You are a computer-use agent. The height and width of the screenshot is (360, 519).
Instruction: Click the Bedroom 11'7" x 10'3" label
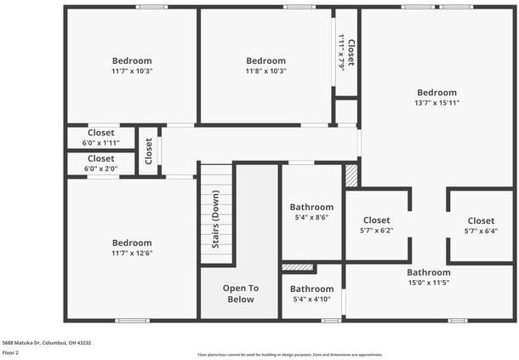(x=132, y=66)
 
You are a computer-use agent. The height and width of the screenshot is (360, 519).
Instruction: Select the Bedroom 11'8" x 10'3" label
(x=265, y=66)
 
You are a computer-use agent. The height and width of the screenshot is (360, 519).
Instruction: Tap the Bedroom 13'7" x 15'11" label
(x=436, y=97)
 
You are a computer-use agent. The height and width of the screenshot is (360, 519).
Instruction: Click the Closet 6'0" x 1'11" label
(x=100, y=137)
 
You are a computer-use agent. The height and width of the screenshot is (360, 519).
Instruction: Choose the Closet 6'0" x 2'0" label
(x=100, y=163)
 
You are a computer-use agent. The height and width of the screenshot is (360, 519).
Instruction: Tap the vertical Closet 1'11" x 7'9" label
(x=346, y=52)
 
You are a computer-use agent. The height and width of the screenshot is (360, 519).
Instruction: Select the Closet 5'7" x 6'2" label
(x=377, y=225)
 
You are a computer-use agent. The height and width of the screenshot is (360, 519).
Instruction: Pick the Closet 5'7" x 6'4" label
(x=480, y=225)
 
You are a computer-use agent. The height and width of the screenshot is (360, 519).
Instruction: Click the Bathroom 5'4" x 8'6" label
(x=311, y=211)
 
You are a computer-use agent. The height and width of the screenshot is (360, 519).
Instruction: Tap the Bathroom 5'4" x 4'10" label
(x=311, y=294)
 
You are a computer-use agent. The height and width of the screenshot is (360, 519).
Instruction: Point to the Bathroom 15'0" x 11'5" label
(x=428, y=277)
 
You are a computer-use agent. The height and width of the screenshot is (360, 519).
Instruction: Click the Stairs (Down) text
(x=216, y=226)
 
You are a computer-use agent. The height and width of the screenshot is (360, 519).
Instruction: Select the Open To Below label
(x=240, y=294)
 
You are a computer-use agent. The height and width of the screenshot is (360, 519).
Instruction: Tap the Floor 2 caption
(x=11, y=352)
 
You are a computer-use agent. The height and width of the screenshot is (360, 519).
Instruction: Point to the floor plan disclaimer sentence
(x=289, y=354)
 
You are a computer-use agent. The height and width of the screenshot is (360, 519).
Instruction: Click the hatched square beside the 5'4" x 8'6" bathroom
(x=351, y=175)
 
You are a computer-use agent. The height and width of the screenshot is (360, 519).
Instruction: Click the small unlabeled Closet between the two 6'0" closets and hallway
(x=148, y=151)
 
